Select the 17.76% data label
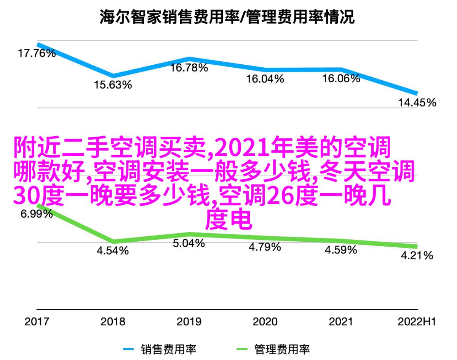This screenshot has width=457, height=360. click(37, 53)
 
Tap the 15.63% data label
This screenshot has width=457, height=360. click(113, 85)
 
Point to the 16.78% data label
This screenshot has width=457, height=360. click(189, 68)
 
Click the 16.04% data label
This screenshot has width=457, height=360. click(265, 79)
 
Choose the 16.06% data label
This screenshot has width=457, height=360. click(341, 79)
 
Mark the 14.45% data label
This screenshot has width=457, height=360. click(417, 102)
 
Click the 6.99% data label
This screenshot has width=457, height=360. click(37, 214)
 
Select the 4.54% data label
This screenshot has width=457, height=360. click(112, 251)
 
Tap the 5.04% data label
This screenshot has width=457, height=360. click(189, 243)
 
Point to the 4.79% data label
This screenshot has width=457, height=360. click(265, 247)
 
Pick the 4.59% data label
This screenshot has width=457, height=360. click(341, 250)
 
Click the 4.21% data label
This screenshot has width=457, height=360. click(417, 255)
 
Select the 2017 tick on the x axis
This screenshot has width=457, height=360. click(37, 322)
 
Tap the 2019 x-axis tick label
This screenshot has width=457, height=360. click(189, 322)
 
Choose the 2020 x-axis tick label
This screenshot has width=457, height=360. click(265, 322)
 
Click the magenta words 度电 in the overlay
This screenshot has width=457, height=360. click(228, 220)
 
